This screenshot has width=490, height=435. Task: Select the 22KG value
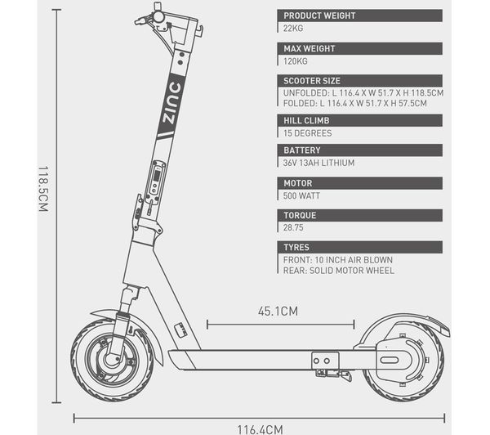pyautogui.click(x=293, y=28)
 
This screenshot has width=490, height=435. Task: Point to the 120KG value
pyautogui.click(x=296, y=61)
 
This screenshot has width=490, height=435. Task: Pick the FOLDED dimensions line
pyautogui.click(x=360, y=104)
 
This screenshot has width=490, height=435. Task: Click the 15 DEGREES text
pyautogui.click(x=308, y=132)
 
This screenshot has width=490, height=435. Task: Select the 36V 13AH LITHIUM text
pyautogui.click(x=319, y=163)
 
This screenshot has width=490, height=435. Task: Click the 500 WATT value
pyautogui.click(x=302, y=195)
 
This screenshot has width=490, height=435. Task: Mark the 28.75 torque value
pyautogui.click(x=294, y=228)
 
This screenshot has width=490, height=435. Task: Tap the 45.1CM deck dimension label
pyautogui.click(x=278, y=311)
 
